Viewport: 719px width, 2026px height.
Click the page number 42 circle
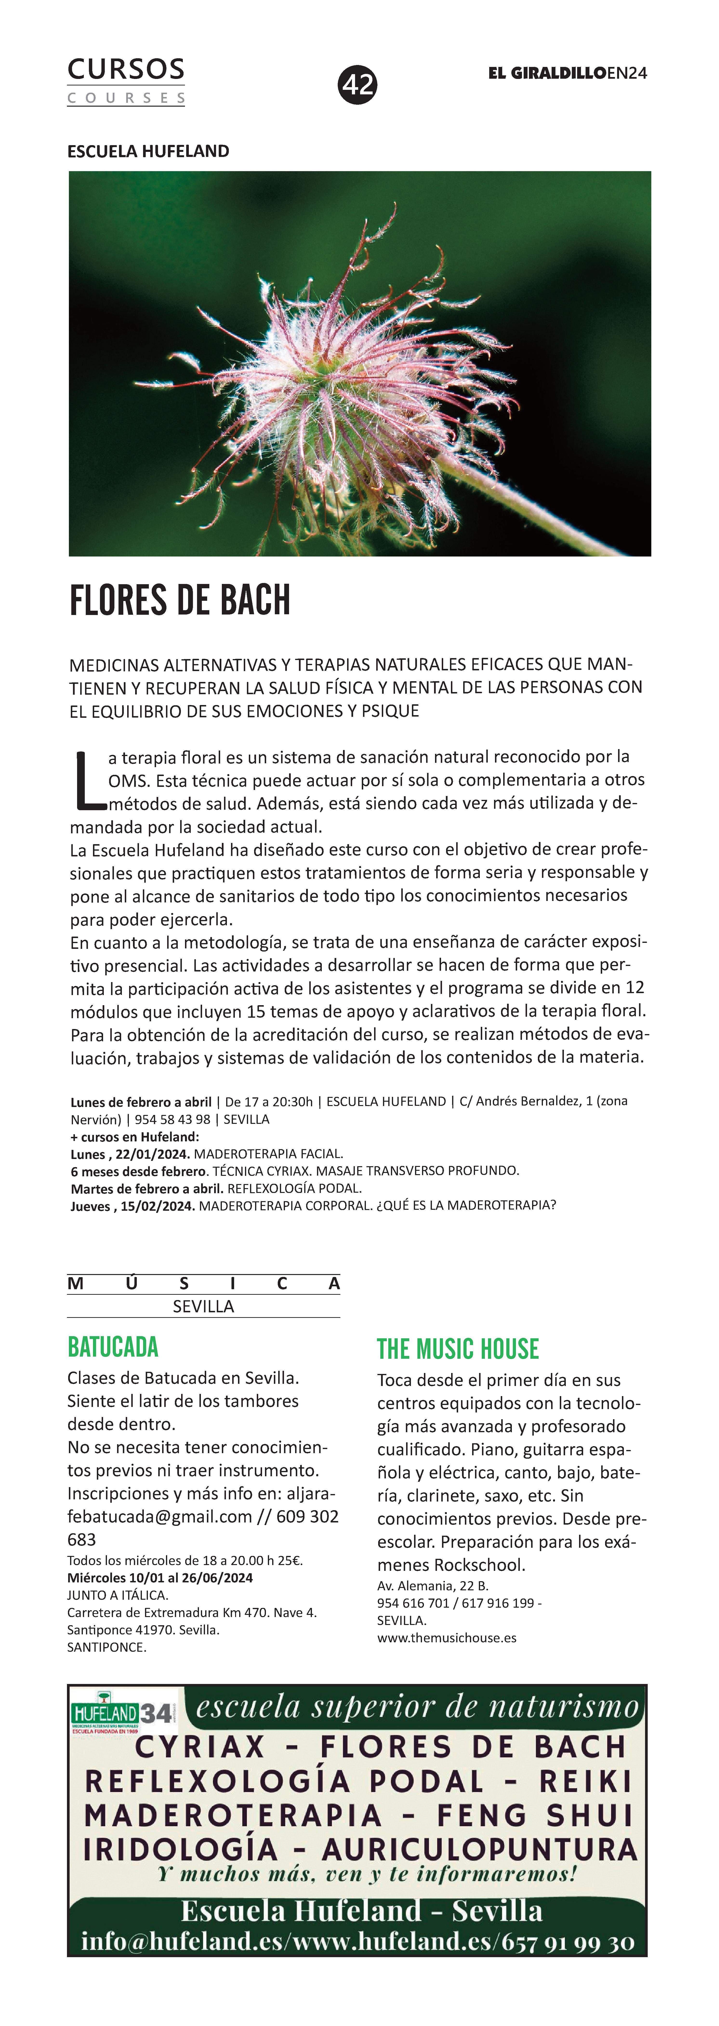pyautogui.click(x=358, y=85)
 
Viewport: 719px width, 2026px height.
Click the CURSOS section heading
pyautogui.click(x=126, y=69)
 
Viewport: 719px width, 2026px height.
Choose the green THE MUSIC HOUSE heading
pyautogui.click(x=458, y=1350)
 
